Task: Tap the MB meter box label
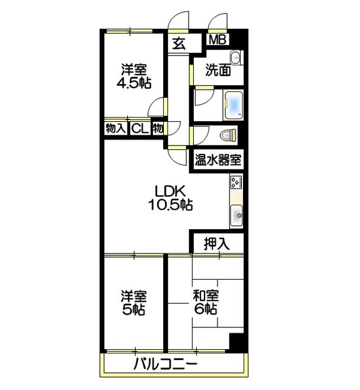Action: [x=217, y=40]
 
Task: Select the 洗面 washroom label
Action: [x=217, y=70]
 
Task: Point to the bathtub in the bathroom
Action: [x=233, y=104]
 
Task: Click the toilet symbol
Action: [x=228, y=135]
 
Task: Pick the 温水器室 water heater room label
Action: [x=218, y=161]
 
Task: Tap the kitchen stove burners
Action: [x=236, y=182]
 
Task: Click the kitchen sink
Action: [x=236, y=214]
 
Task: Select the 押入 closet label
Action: [x=216, y=244]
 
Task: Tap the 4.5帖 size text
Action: [x=134, y=83]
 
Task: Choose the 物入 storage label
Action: [x=115, y=129]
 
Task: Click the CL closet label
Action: [x=139, y=129]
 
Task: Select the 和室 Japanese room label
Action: [x=205, y=296]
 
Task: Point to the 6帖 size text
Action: [x=205, y=310]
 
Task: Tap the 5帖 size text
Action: [x=133, y=310]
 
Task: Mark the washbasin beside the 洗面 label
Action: [x=235, y=58]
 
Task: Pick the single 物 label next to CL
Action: [x=157, y=129]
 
